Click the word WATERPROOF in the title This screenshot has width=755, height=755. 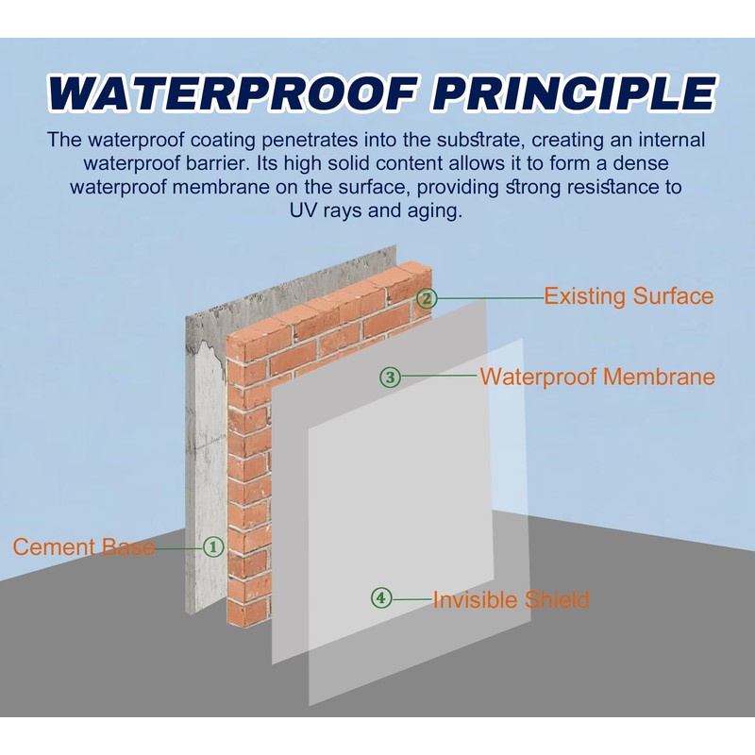pyautogui.click(x=232, y=92)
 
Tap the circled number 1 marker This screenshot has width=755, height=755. pyautogui.click(x=213, y=547)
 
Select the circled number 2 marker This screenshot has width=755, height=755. pyautogui.click(x=427, y=298)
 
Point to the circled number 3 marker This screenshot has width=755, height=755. pyautogui.click(x=390, y=377)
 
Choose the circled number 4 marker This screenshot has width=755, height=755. pyautogui.click(x=381, y=598)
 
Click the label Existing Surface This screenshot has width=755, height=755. pyautogui.click(x=629, y=296)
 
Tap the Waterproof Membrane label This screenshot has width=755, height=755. pyautogui.click(x=597, y=377)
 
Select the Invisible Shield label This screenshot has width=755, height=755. pyautogui.click(x=511, y=600)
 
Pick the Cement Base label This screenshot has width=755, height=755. pyautogui.click(x=84, y=547)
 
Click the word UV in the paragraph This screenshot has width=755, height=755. pyautogui.click(x=303, y=210)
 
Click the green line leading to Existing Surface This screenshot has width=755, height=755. pyautogui.click(x=490, y=298)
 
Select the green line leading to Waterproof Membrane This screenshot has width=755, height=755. pyautogui.click(x=440, y=376)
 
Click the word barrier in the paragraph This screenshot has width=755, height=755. pyautogui.click(x=219, y=163)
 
